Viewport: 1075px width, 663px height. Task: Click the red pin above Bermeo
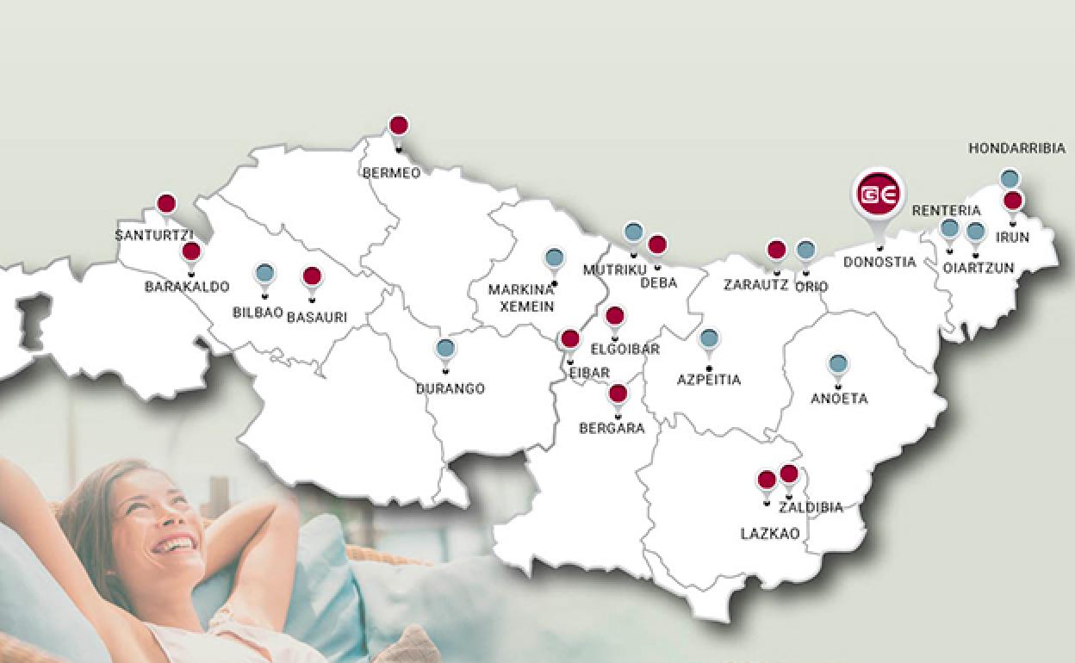pos(398,126)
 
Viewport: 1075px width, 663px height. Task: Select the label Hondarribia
pos(1016,149)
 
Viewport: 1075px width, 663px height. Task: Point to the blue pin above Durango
pos(444,349)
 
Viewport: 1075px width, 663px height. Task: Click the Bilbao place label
pos(258,313)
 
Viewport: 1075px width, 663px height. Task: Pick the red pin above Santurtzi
pos(166,205)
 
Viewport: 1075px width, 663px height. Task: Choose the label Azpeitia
pos(709,380)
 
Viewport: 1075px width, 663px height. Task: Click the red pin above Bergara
pos(618,395)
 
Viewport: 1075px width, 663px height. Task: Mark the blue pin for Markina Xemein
pos(554,257)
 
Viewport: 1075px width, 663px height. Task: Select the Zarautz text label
pos(755,285)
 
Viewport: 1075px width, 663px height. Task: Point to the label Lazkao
pos(770,534)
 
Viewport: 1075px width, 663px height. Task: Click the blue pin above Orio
pos(805,251)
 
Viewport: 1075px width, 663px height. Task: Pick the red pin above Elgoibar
pos(614,316)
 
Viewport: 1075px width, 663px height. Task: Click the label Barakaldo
pos(187,287)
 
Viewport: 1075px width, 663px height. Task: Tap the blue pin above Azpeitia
pos(709,338)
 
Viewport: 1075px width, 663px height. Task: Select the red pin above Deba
pos(657,245)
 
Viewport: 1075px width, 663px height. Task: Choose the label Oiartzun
pos(978,268)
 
